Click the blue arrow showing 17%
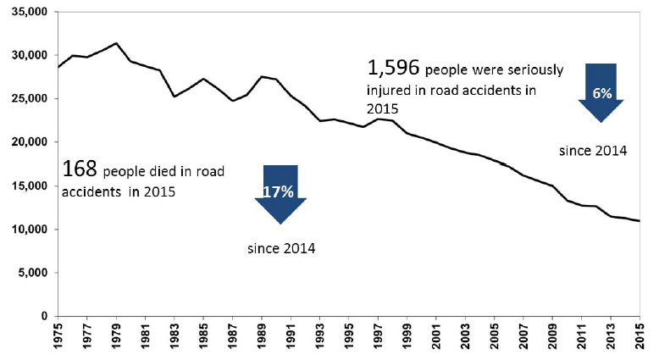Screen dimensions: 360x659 coord(280,194)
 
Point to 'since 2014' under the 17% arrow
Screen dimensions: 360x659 coord(281,249)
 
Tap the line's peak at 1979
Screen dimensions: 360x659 coord(117,43)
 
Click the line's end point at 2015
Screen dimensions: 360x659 coord(640,221)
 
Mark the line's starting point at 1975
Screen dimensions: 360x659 coord(58,67)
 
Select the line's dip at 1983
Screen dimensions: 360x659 coord(174,97)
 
